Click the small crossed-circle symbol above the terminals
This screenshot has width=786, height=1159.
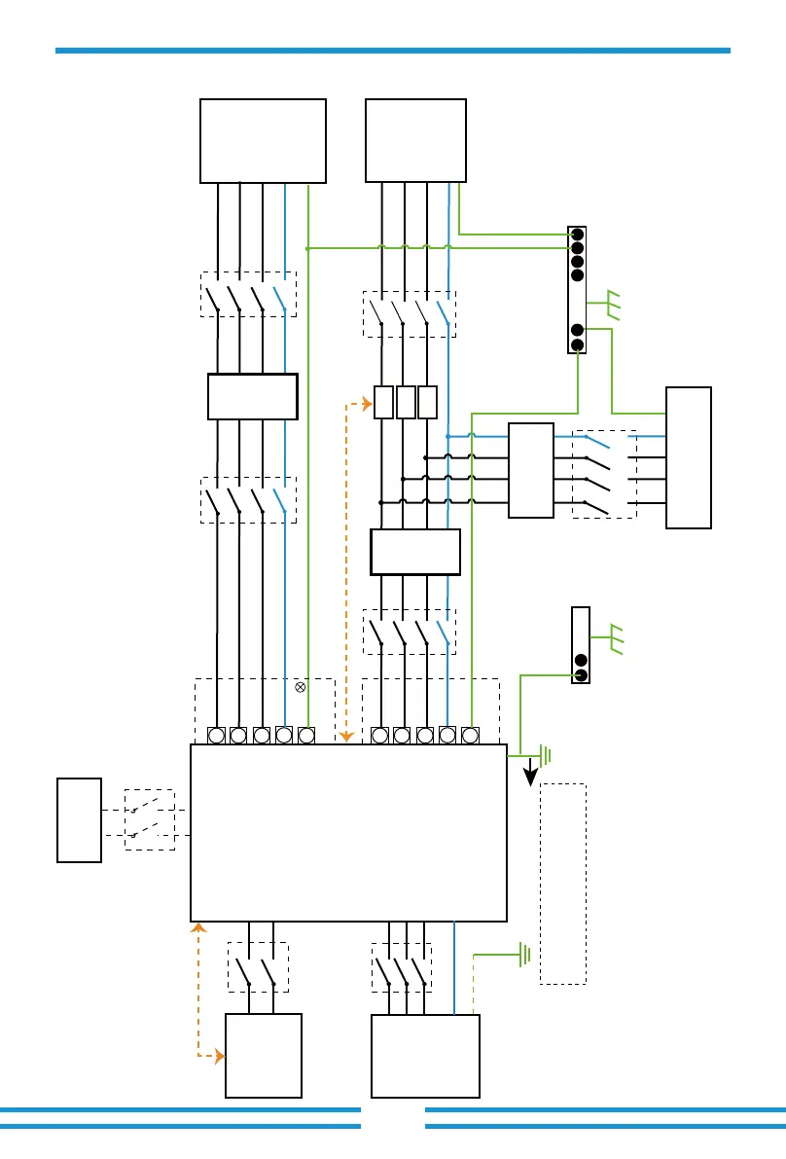301,687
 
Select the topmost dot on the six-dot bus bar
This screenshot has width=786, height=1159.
577,235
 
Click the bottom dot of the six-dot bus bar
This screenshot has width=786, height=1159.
577,344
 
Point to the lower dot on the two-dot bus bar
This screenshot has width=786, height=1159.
581,674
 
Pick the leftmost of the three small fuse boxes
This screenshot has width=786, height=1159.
383,402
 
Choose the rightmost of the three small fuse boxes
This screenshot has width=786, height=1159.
428,402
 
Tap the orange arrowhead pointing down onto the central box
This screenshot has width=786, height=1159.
346,738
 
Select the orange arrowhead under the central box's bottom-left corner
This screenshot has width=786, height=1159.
198,927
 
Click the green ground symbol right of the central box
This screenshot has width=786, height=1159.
546,754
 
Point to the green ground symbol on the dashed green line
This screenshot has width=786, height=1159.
524,955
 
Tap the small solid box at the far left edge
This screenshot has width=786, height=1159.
79,819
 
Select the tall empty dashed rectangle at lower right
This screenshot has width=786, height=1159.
563,883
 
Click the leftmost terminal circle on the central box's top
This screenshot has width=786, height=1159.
217,735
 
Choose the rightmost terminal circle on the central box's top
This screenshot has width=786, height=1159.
470,735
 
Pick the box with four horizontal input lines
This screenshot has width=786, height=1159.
531,470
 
